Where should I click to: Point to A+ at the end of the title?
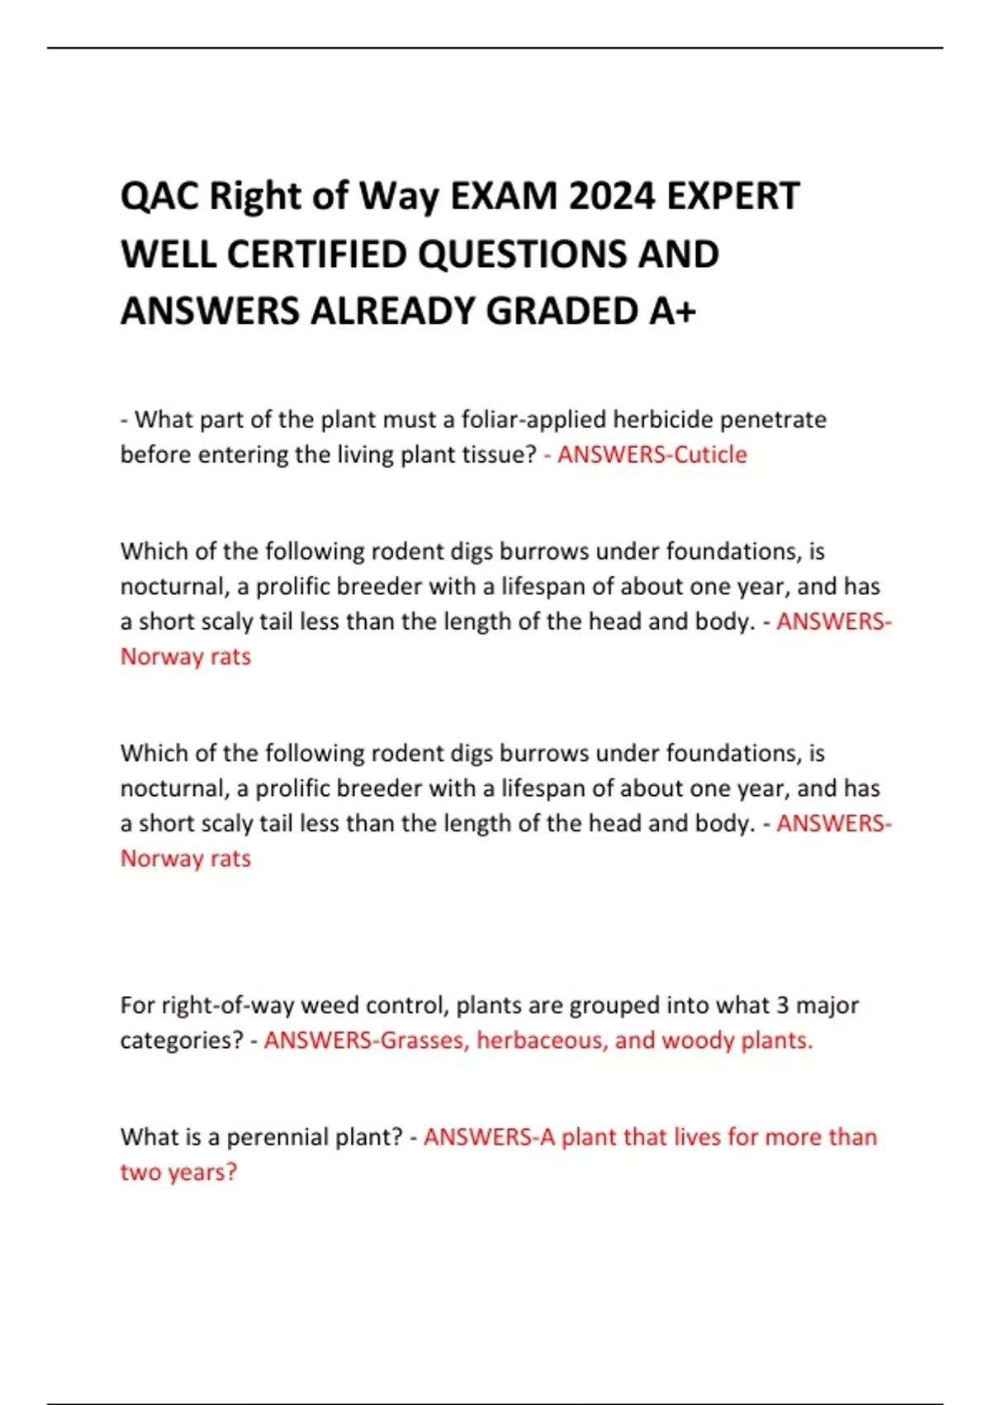(672, 312)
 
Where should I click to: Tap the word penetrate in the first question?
(773, 420)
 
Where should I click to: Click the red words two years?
(178, 1172)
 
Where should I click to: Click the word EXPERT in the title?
(733, 197)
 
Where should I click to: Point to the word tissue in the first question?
(491, 455)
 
